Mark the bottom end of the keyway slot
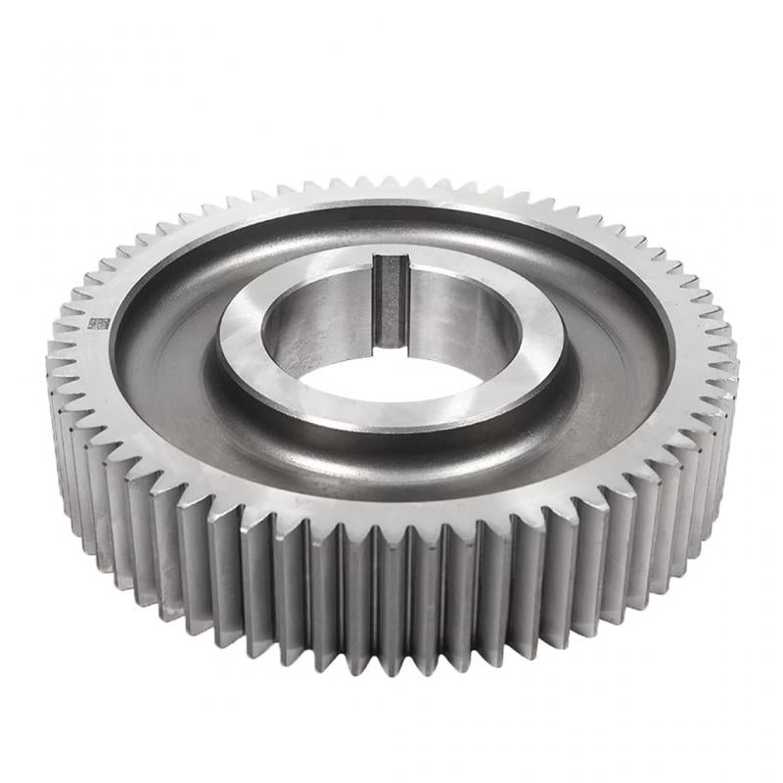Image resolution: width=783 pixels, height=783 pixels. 390,343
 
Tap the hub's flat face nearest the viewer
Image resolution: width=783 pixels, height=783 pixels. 391,416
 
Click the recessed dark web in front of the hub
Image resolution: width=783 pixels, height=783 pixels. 391,460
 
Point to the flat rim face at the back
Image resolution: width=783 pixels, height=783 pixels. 391,202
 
